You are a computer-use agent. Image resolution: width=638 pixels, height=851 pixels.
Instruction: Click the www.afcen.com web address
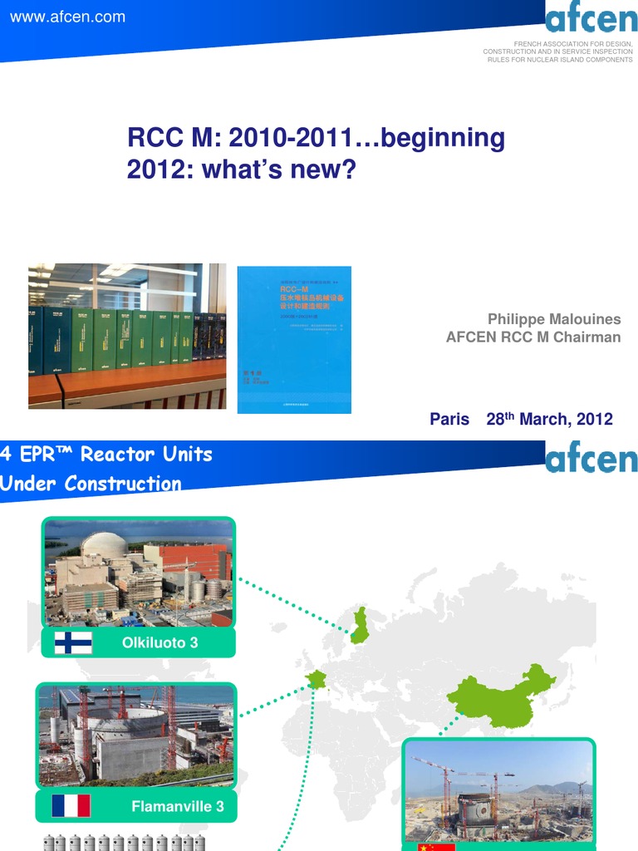tap(67, 17)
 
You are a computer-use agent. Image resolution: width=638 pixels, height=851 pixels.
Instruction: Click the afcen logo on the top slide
tap(591, 18)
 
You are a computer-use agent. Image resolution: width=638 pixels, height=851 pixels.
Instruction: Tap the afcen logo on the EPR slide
tap(591, 460)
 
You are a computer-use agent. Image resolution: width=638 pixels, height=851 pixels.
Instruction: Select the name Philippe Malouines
tap(554, 319)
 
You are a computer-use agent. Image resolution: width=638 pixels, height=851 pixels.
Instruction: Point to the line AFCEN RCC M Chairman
tap(533, 337)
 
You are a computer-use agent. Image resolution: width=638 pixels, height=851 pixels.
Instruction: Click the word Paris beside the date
tap(449, 419)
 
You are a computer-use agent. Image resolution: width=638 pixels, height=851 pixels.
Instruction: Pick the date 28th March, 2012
tap(549, 419)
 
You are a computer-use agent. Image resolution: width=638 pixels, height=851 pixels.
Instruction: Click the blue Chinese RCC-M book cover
tap(294, 339)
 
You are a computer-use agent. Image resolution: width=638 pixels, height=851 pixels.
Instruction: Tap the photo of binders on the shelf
tap(127, 336)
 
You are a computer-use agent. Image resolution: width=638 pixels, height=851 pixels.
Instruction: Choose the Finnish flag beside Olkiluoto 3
tap(73, 642)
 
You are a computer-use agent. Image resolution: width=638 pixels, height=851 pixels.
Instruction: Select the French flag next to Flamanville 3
tap(71, 805)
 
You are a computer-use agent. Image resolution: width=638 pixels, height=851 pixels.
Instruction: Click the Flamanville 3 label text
tap(177, 805)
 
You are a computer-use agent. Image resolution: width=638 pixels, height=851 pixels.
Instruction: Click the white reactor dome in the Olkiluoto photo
tap(104, 545)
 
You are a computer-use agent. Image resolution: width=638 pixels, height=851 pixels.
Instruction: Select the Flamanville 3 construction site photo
tap(136, 735)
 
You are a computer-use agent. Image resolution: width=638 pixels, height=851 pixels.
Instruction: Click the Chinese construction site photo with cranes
tap(498, 791)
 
